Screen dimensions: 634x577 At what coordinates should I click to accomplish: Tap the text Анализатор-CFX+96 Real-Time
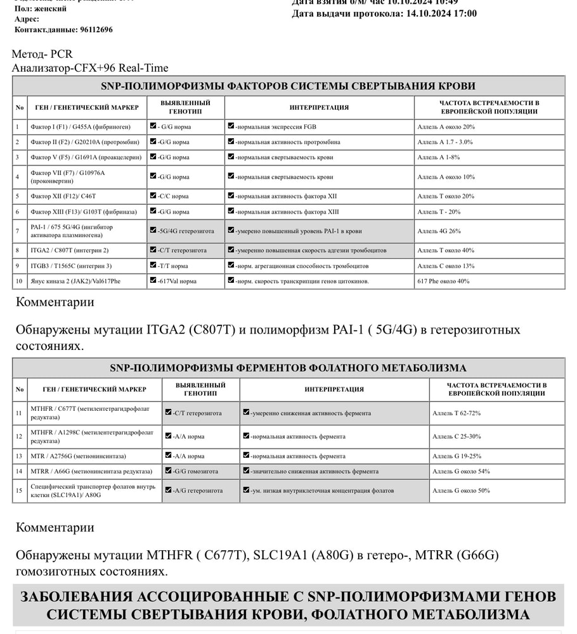[90, 67]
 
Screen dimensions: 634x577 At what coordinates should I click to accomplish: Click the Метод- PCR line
[42, 54]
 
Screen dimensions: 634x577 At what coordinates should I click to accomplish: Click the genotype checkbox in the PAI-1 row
[153, 231]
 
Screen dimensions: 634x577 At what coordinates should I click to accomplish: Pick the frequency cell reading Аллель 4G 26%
[439, 231]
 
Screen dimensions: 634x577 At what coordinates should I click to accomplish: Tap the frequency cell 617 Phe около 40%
[443, 281]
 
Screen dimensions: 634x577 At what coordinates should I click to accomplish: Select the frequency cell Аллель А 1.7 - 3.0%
[444, 142]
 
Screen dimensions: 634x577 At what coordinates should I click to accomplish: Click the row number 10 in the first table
[19, 281]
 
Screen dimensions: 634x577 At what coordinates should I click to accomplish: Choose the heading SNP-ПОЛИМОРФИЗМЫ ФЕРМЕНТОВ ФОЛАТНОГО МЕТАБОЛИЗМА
[288, 368]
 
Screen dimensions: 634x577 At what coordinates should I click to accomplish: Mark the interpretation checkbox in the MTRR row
[246, 470]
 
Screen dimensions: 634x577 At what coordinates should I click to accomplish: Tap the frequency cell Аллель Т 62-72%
[456, 413]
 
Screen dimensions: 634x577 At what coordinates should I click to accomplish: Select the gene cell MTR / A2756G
[78, 456]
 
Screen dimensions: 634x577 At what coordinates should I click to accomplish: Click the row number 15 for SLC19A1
[20, 490]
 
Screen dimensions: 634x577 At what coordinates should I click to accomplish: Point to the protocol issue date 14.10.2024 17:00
[441, 13]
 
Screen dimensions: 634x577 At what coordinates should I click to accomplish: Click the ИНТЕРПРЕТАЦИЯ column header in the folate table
[334, 389]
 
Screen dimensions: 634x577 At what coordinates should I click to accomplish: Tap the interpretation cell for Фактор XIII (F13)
[287, 212]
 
